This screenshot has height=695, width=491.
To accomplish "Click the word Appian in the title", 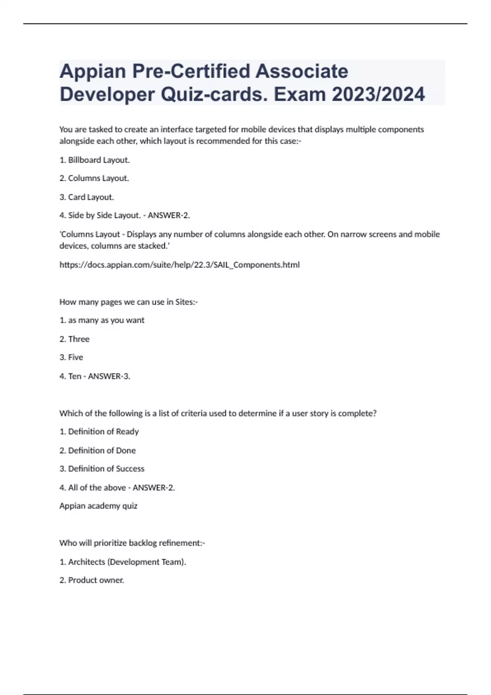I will (x=92, y=72).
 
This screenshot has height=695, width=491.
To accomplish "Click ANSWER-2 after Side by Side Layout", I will (x=169, y=215).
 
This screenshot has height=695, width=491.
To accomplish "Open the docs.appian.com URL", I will (x=179, y=265).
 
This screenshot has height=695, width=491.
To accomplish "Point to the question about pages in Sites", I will (x=128, y=302).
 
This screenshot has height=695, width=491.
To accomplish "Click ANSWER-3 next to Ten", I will (x=109, y=376).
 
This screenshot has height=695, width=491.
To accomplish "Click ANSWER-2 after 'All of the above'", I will (x=153, y=488).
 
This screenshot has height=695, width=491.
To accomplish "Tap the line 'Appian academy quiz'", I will (x=98, y=506).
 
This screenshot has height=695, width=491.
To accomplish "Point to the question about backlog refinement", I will (x=132, y=543).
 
